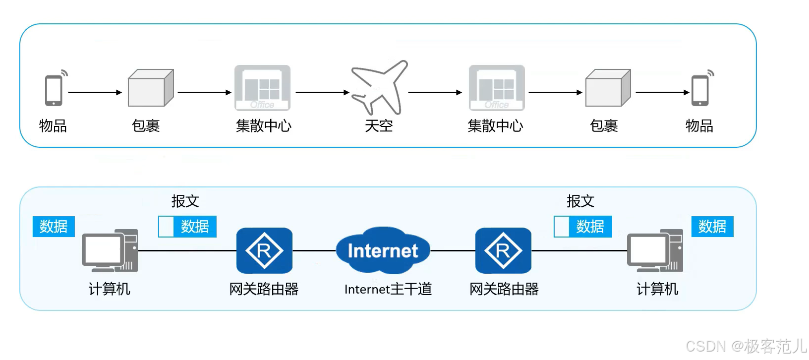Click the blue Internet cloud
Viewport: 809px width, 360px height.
click(x=383, y=250)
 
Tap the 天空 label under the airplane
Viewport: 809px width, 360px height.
click(x=379, y=126)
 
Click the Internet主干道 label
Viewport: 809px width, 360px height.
click(x=388, y=289)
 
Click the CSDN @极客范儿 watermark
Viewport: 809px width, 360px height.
click(x=746, y=346)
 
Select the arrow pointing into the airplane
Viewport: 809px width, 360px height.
click(x=322, y=92)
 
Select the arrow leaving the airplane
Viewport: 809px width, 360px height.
click(x=435, y=92)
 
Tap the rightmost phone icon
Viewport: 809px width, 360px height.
click(x=700, y=90)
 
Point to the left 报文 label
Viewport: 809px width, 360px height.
click(x=185, y=201)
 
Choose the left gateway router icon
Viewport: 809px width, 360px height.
click(x=264, y=250)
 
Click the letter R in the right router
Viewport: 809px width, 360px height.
click(x=503, y=251)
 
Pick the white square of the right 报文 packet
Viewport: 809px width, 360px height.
click(x=562, y=227)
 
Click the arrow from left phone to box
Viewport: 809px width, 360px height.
click(x=95, y=92)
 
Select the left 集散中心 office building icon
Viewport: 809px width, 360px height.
click(x=262, y=88)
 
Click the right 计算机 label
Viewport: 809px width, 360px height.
click(x=657, y=289)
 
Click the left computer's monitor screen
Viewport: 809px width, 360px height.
click(x=103, y=249)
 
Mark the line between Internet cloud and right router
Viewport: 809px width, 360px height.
click(x=453, y=251)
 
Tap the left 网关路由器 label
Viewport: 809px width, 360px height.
click(x=264, y=289)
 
